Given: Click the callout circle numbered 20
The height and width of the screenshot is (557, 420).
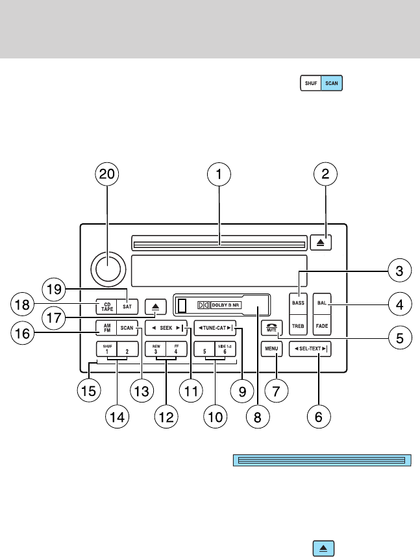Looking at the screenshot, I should point(108,173).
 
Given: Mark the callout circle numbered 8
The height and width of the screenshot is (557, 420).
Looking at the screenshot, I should point(257,417).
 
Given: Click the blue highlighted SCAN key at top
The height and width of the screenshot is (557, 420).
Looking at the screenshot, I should point(332,84).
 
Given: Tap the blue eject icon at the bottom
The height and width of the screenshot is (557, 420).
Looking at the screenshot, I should point(323,549).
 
